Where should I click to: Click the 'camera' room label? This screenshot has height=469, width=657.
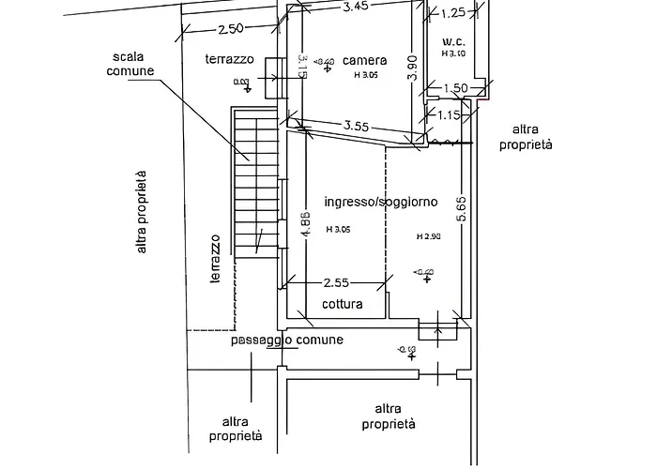coord(360,58)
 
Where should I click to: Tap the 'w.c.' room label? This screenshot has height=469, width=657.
coord(455,41)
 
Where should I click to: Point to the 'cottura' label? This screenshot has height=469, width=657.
coord(343,305)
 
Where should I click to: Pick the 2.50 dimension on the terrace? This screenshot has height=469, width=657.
coord(231,29)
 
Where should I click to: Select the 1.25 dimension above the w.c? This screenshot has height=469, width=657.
coord(453,12)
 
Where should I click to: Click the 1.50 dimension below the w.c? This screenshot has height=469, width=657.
coord(454,88)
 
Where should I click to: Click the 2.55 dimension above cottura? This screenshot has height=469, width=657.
coord(336,281)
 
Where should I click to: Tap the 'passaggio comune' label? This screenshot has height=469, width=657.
coord(286,340)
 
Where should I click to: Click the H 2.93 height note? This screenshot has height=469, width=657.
coord(429,237)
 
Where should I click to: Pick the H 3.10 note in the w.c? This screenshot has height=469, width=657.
coord(454,53)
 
